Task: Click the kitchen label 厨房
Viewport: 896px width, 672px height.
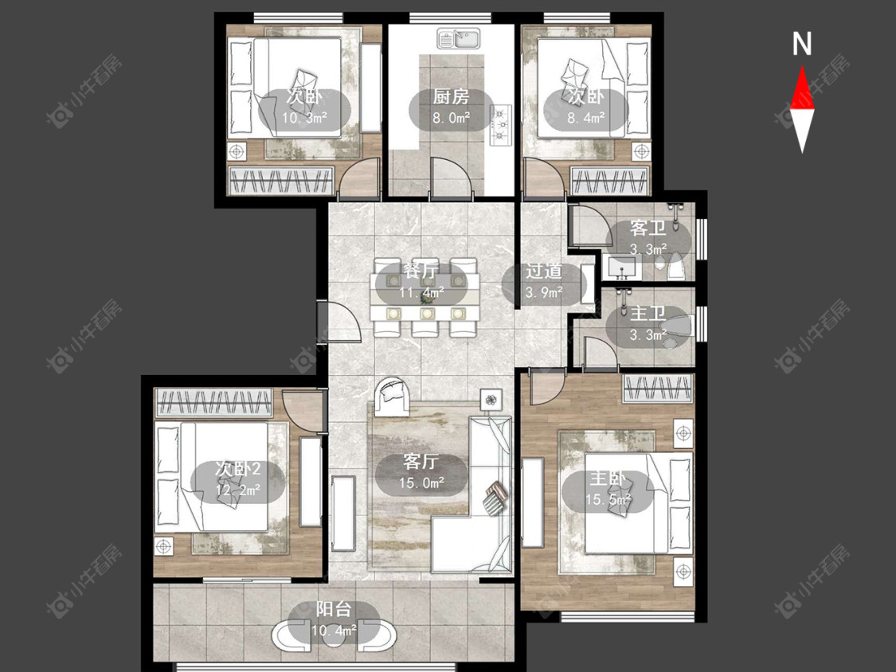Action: pos(451,97)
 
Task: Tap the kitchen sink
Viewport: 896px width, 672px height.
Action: pos(459,39)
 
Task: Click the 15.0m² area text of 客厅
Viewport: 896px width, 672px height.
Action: pos(422,483)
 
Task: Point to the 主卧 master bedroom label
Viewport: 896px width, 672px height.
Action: pos(608,479)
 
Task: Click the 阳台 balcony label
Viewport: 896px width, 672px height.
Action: pos(333,609)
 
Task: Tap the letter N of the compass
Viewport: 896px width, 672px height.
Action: pos(802,44)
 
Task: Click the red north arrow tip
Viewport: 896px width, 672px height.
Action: pos(802,67)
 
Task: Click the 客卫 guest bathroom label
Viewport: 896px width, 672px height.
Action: pos(648,228)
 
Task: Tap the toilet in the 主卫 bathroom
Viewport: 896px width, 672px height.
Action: pos(677,326)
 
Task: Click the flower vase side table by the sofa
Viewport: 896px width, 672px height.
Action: pos(491,399)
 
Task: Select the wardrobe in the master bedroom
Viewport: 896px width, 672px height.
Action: pos(658,389)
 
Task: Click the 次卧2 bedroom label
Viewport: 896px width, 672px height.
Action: pos(237,469)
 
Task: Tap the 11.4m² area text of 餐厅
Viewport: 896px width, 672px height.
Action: pos(421,293)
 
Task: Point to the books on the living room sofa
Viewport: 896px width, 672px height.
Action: pos(495,499)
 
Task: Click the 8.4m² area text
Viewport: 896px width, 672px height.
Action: pos(585,119)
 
